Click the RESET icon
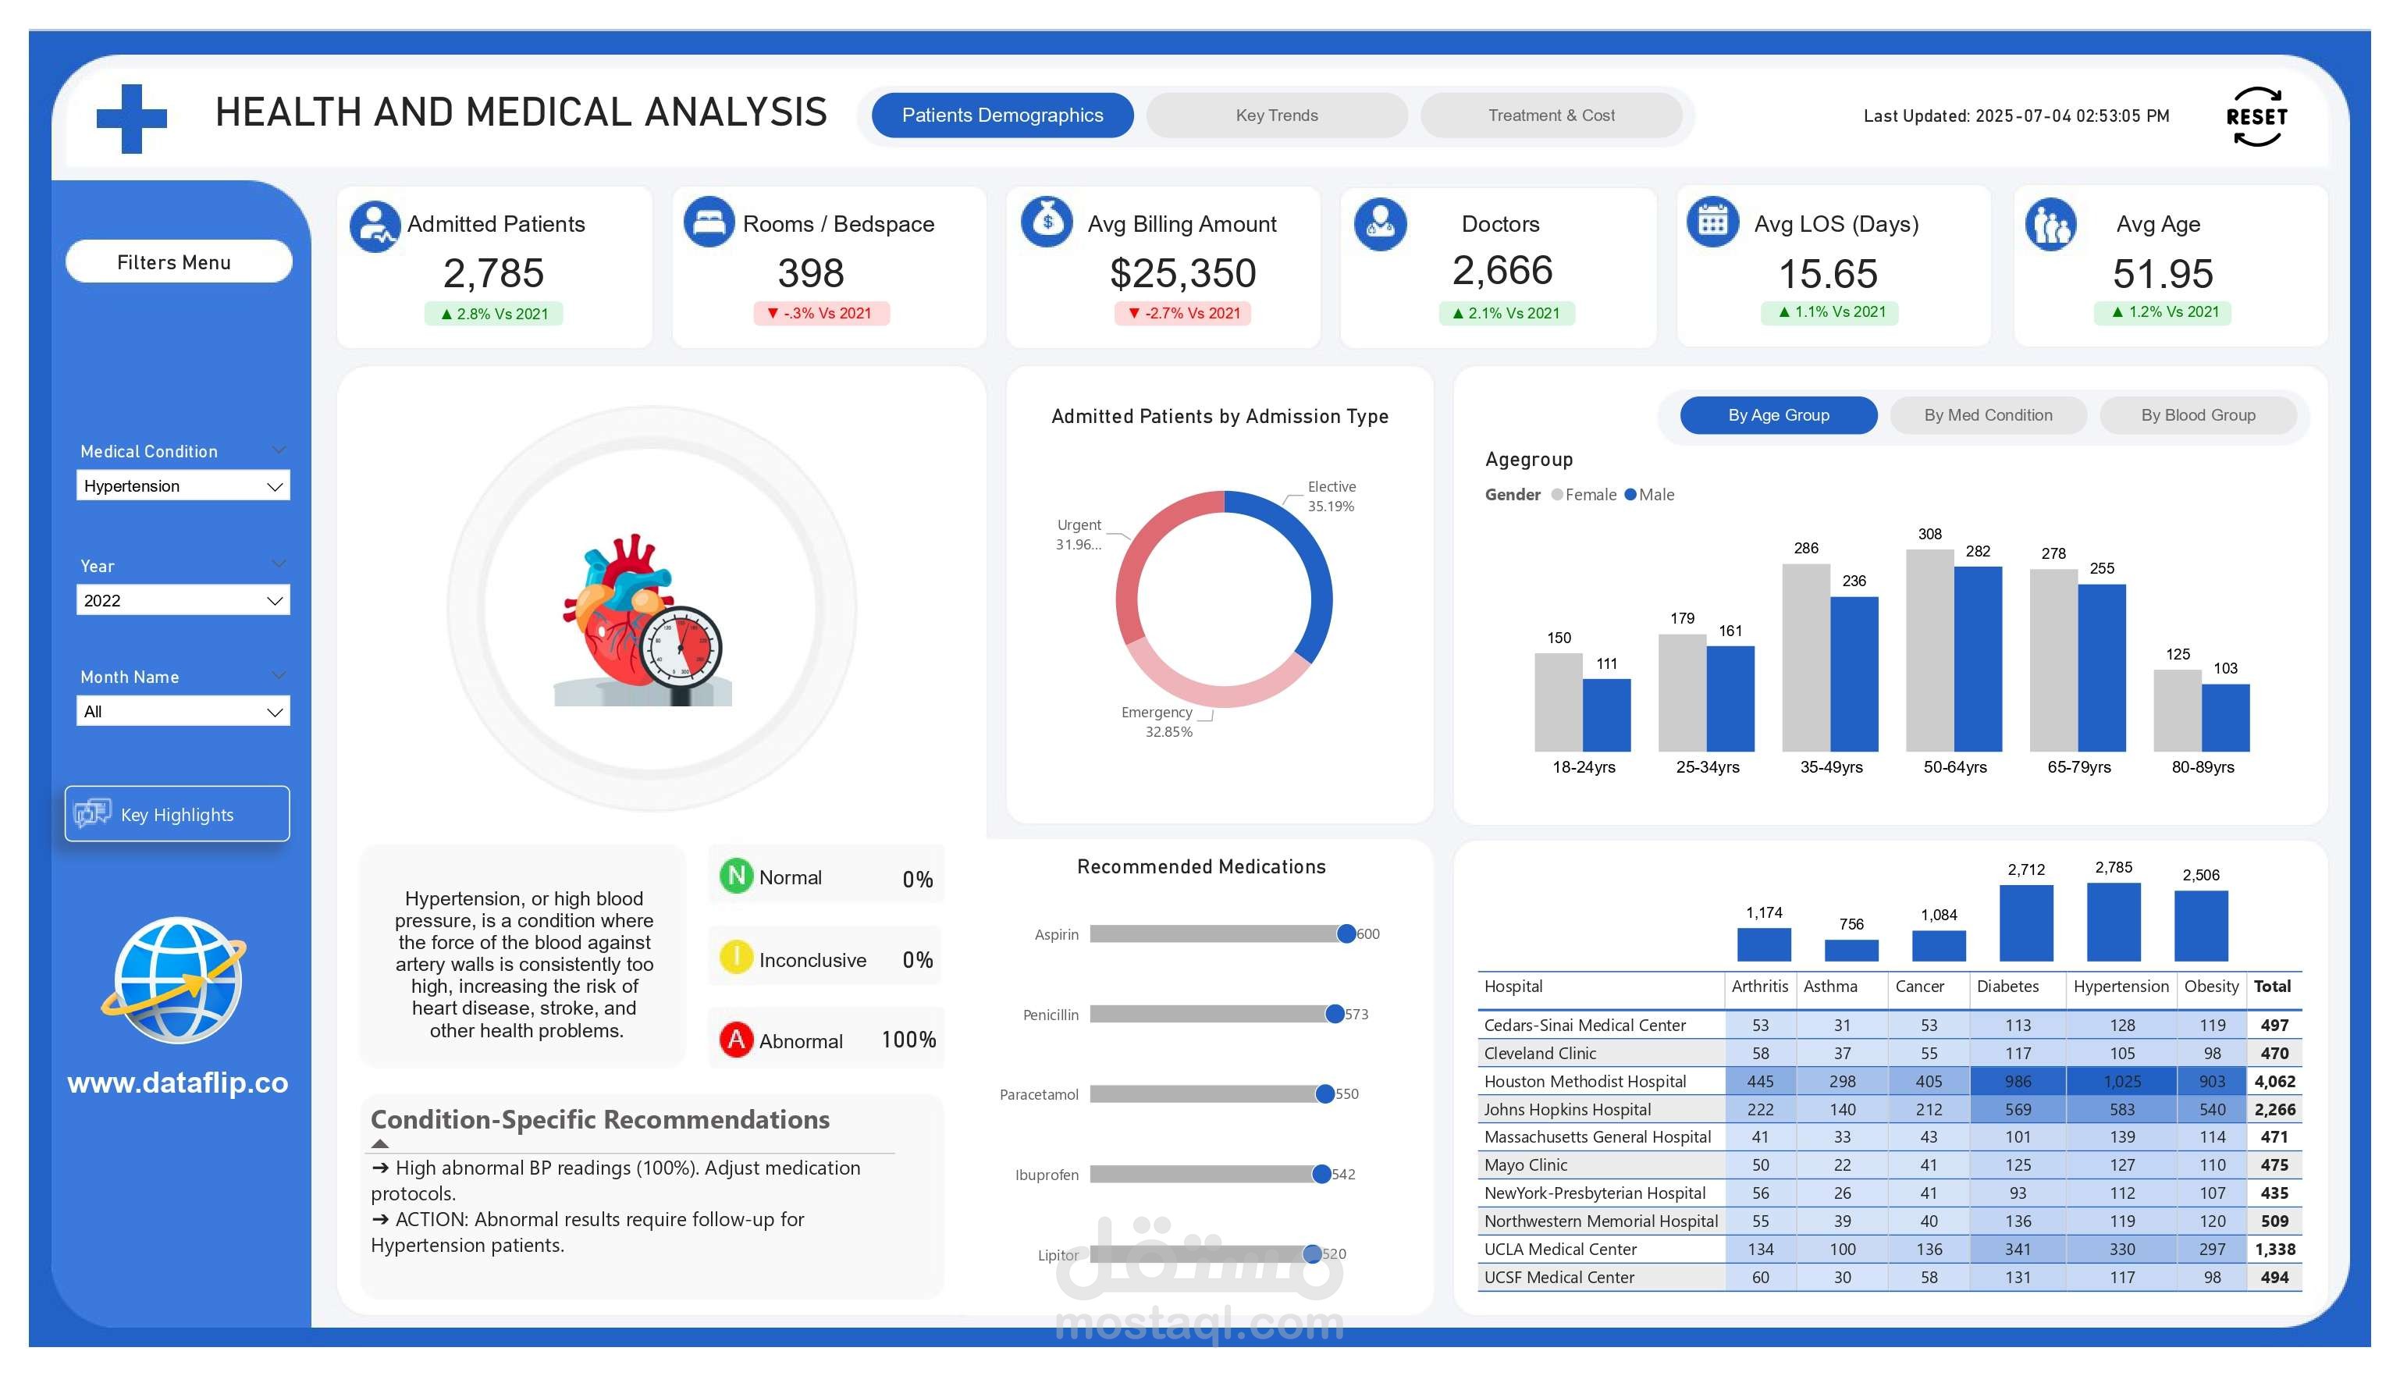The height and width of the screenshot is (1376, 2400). pos(2256,117)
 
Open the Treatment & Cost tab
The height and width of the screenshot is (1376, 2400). pos(1551,116)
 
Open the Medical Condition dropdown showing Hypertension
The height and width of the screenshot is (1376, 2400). pos(183,485)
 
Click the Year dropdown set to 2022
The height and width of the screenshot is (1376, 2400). pos(183,600)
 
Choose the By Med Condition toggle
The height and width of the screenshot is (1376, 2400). pos(1987,415)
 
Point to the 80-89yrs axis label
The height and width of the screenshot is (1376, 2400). pos(2202,766)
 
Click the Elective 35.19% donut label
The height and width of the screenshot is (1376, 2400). pos(1331,496)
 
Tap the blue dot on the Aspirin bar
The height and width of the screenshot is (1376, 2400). pos(1346,933)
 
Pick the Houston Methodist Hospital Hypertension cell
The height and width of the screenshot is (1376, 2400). pos(2121,1081)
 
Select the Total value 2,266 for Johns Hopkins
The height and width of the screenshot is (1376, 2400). pos(2274,1110)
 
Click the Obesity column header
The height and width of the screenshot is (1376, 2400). pos(2210,986)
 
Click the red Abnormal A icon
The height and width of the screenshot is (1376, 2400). pos(736,1040)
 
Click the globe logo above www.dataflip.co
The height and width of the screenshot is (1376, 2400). pos(176,980)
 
